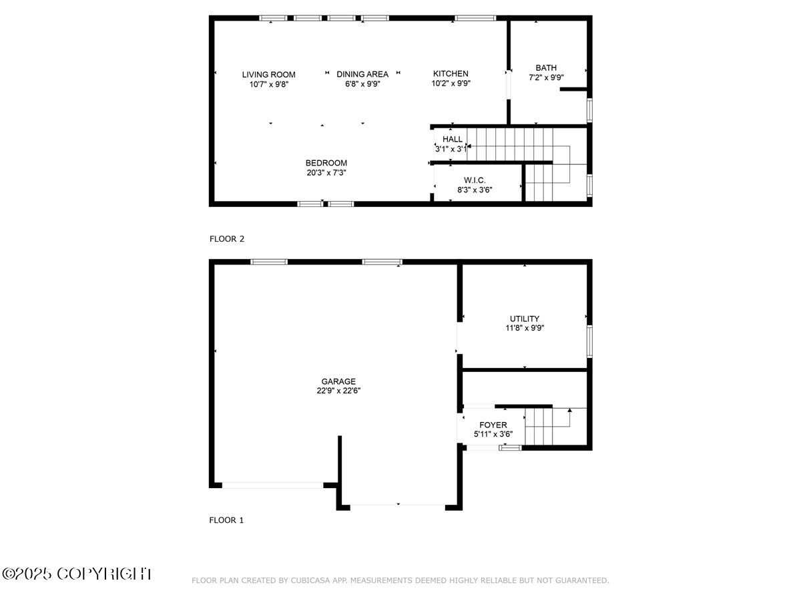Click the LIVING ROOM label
pyautogui.click(x=268, y=75)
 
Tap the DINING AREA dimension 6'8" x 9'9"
pyautogui.click(x=362, y=84)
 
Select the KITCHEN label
pyautogui.click(x=451, y=74)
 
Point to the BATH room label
pyautogui.click(x=545, y=68)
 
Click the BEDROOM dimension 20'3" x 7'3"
pyautogui.click(x=326, y=172)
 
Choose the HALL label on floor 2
pyautogui.click(x=452, y=140)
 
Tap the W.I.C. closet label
pyautogui.click(x=474, y=180)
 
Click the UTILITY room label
pyautogui.click(x=524, y=319)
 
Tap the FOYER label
pyautogui.click(x=493, y=425)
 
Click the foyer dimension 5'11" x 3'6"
pyautogui.click(x=493, y=434)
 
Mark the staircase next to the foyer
pyautogui.click(x=546, y=427)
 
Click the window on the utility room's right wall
pyautogui.click(x=589, y=341)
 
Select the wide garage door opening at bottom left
pyautogui.click(x=272, y=485)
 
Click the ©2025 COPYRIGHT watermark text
pyautogui.click(x=77, y=574)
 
